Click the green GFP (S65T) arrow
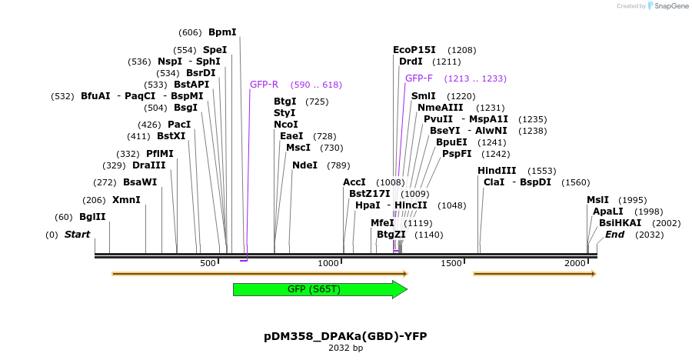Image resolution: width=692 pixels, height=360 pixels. pos(319,289)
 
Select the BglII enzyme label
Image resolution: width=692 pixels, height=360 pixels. pos(91,217)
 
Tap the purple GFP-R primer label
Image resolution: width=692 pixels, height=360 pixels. pos(264,85)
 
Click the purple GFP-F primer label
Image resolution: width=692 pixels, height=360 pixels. pos(419,78)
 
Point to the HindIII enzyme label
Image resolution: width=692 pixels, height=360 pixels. pos(497,171)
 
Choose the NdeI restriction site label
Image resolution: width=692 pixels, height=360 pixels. pos(304,165)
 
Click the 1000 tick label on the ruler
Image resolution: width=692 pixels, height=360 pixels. pos(328,264)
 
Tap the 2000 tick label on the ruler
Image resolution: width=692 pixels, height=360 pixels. pos(575,264)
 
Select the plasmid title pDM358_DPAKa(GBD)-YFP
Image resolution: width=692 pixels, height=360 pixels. pos(345,336)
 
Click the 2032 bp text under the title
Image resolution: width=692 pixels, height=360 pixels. pos(345,348)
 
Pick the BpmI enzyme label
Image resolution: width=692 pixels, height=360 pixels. pos(222,32)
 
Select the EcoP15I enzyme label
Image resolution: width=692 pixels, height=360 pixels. pos(414,50)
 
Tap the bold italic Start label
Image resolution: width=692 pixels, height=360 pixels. pos(77,235)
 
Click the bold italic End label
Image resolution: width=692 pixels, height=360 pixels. pos(614,235)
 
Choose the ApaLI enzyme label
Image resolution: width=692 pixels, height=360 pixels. pos(607,212)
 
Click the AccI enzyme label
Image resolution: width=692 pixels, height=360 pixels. pos(354,182)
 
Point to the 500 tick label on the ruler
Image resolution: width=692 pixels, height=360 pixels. pos(208,264)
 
